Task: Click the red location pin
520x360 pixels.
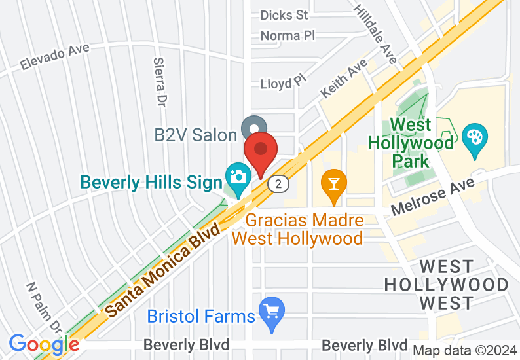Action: tap(261, 151)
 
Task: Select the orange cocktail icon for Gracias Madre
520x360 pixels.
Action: tap(334, 181)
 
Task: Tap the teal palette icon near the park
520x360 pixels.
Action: tap(473, 137)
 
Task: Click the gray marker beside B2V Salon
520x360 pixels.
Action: tap(253, 127)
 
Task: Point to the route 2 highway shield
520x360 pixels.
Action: tap(279, 185)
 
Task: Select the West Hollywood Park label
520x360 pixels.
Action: tap(411, 142)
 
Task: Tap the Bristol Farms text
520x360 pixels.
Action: tap(200, 317)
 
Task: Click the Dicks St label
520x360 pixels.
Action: tap(284, 14)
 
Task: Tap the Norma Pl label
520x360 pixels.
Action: tap(288, 35)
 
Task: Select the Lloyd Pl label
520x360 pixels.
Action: tap(283, 83)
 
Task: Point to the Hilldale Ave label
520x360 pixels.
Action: tap(375, 34)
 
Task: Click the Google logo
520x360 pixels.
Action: tap(44, 344)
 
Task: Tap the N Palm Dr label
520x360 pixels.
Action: tap(45, 307)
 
